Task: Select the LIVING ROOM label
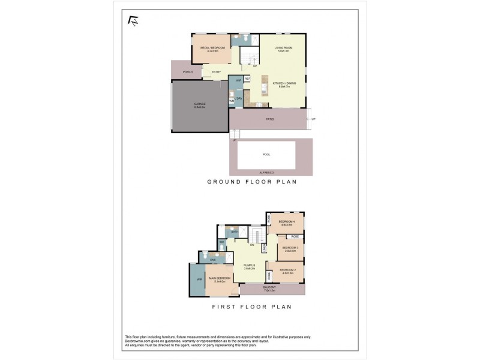point(283,48)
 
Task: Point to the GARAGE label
point(200,104)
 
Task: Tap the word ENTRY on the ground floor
point(216,72)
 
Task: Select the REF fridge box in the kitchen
point(247,79)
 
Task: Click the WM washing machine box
point(232,101)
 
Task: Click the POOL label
point(266,154)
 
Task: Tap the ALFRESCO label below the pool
point(266,172)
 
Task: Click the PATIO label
point(270,119)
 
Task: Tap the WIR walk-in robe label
point(199,280)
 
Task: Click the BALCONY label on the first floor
point(270,288)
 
